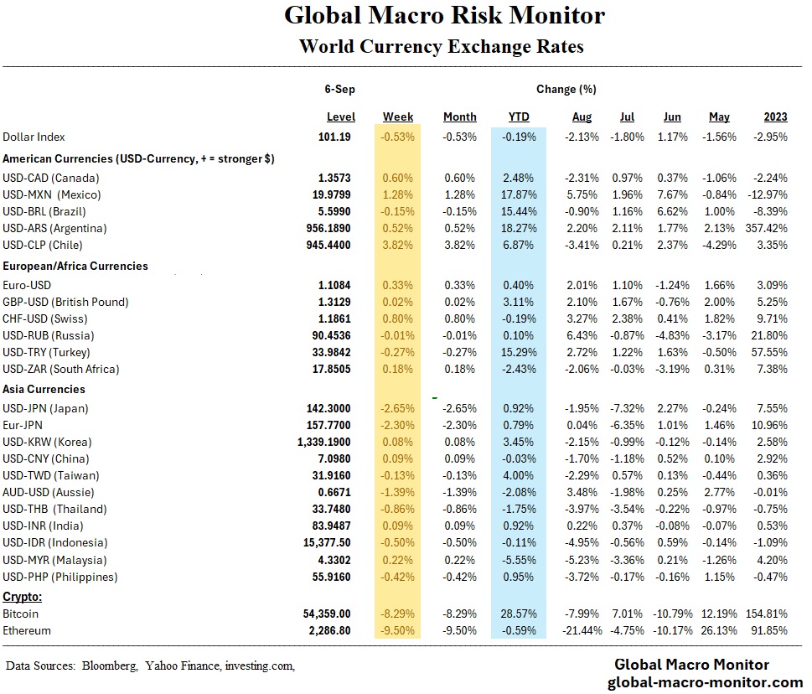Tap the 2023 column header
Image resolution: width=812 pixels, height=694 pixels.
tap(775, 117)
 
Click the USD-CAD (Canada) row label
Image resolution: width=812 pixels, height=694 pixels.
tap(51, 178)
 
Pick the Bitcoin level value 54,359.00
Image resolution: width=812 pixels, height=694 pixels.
tap(325, 614)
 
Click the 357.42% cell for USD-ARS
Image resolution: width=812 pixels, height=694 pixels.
tap(766, 228)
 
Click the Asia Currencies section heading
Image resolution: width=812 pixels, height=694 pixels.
tap(44, 389)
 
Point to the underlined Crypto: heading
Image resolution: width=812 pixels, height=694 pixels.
tap(23, 597)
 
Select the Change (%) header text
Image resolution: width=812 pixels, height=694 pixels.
tap(566, 89)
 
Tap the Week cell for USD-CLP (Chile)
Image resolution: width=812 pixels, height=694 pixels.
tap(398, 245)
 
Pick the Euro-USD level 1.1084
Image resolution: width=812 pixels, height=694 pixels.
tap(334, 285)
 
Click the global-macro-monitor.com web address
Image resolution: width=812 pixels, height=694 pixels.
tap(705, 682)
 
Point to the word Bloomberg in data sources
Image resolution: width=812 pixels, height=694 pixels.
tap(109, 666)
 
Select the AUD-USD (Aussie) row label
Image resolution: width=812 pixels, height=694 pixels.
tap(49, 492)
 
